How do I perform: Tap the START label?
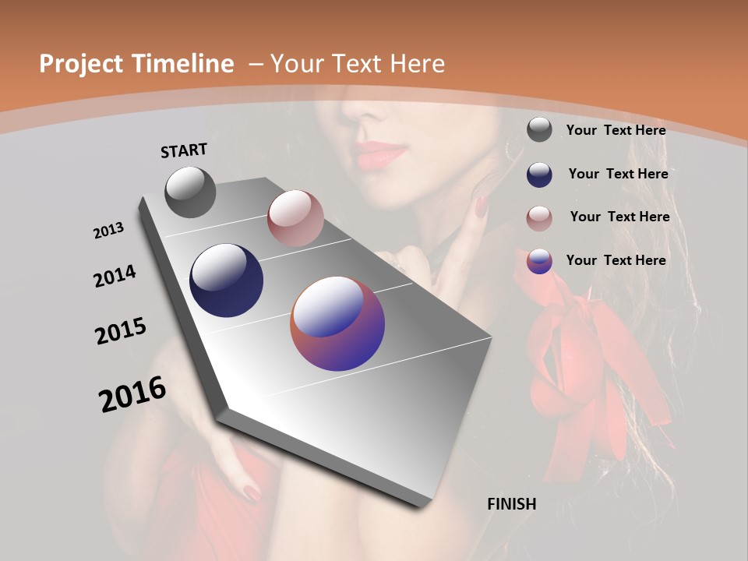(x=184, y=150)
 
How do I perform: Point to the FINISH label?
(x=512, y=504)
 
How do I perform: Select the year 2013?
(x=109, y=231)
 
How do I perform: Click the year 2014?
(x=115, y=276)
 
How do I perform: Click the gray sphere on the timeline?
(x=190, y=192)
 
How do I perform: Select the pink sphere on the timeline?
(x=295, y=218)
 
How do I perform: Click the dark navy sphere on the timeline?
(x=226, y=280)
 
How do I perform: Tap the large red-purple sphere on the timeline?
(x=337, y=323)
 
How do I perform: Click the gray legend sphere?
(x=539, y=129)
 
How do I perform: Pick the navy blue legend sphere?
(x=539, y=175)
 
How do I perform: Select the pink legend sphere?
(x=539, y=217)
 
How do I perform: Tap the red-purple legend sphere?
(x=539, y=261)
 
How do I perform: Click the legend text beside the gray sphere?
(x=616, y=130)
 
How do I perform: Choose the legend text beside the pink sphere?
(x=619, y=217)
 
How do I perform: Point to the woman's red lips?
(x=382, y=153)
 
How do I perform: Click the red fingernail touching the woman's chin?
(x=482, y=206)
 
